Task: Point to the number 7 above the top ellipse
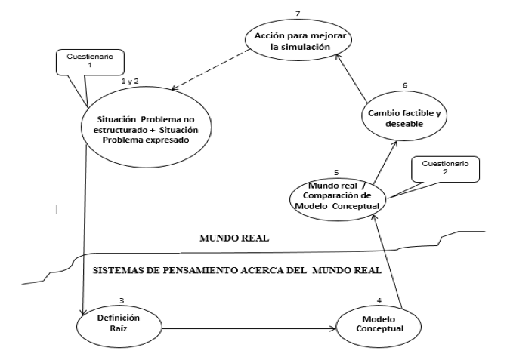click(x=298, y=14)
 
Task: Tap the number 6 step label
click(x=405, y=85)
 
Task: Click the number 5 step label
click(x=336, y=173)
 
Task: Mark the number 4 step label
click(x=379, y=300)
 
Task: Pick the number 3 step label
click(x=122, y=300)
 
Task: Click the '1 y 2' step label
click(x=130, y=81)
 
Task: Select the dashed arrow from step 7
click(x=211, y=69)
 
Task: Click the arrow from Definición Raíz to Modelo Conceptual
click(x=249, y=329)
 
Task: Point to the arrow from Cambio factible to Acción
click(x=351, y=78)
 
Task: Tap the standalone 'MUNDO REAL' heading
click(x=234, y=238)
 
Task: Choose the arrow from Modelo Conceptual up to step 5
click(x=388, y=261)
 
